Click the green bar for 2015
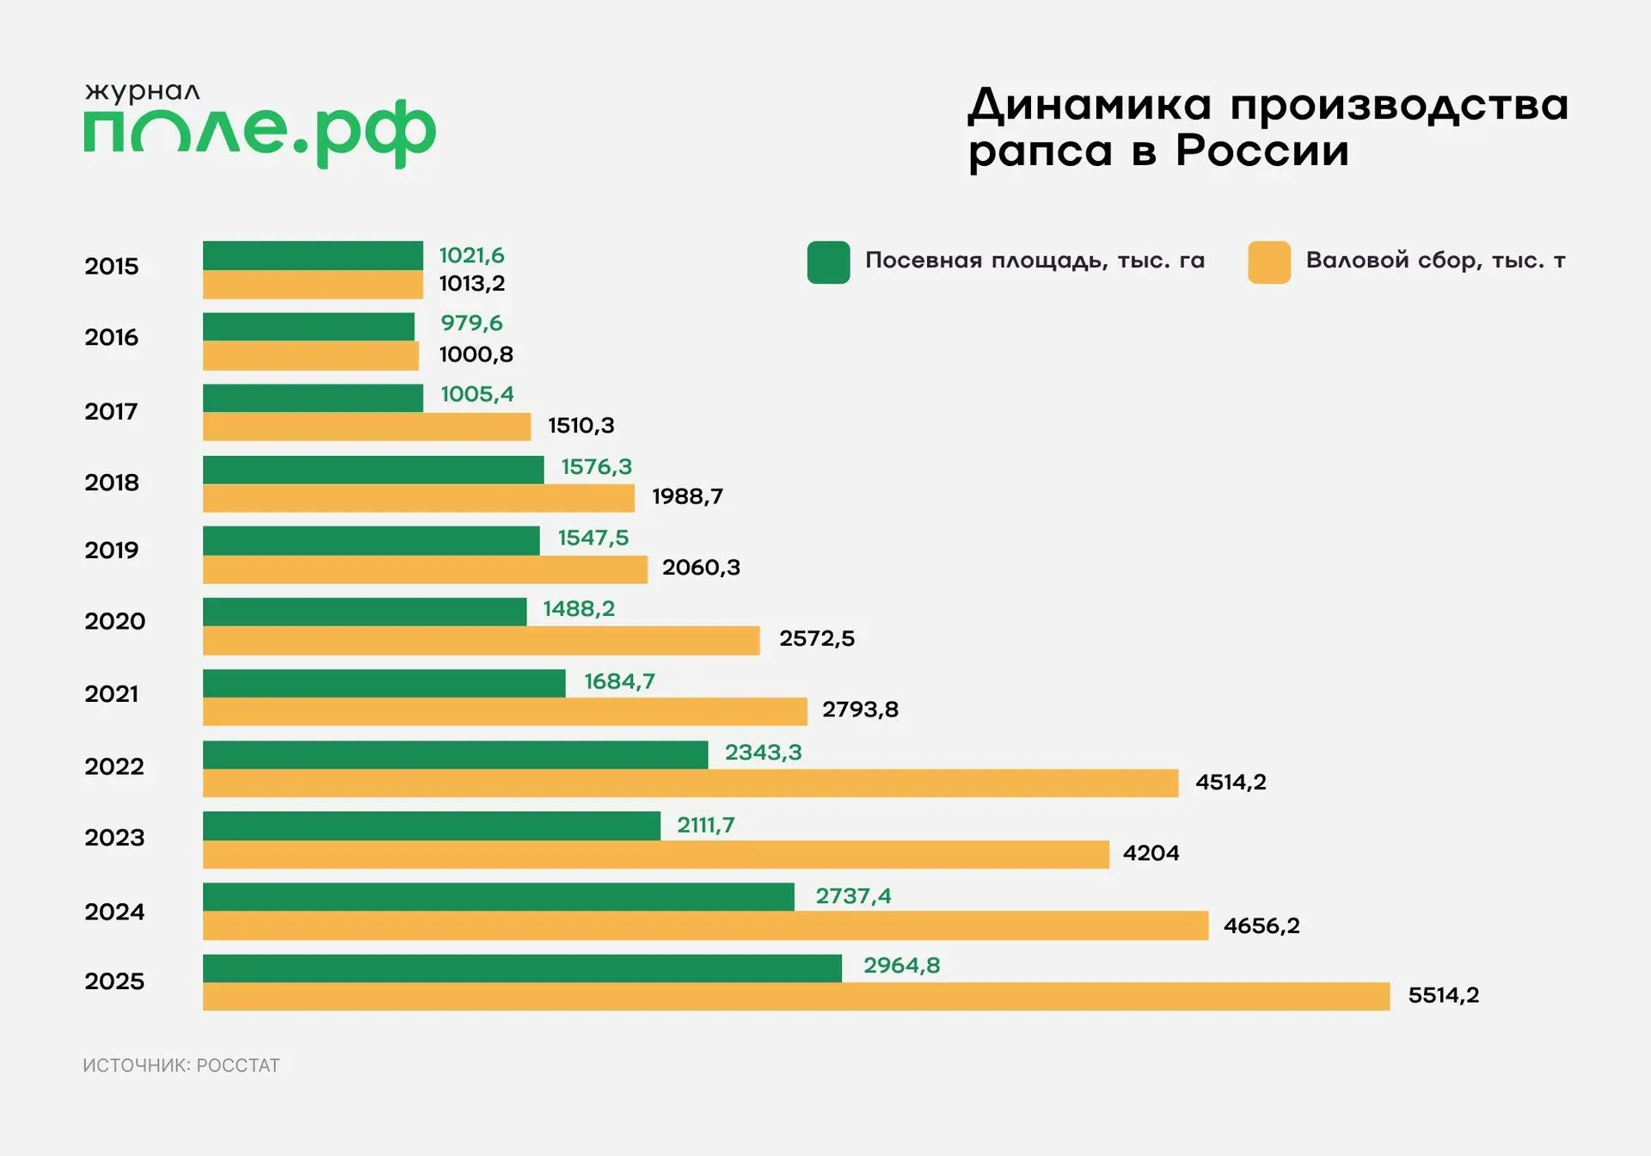point(313,255)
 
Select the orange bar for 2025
point(796,997)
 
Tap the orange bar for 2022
point(690,784)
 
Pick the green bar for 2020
point(365,612)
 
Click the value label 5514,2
point(1443,995)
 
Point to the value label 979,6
point(471,323)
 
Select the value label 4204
point(1151,853)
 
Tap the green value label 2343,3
point(763,753)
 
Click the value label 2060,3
point(701,568)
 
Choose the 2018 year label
point(112,483)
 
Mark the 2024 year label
point(114,912)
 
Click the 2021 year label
point(112,694)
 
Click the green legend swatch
point(828,262)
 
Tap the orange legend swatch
point(1268,262)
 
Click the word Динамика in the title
point(1089,106)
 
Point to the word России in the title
point(1261,151)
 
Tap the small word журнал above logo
point(142,91)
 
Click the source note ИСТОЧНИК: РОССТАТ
point(181,1066)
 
